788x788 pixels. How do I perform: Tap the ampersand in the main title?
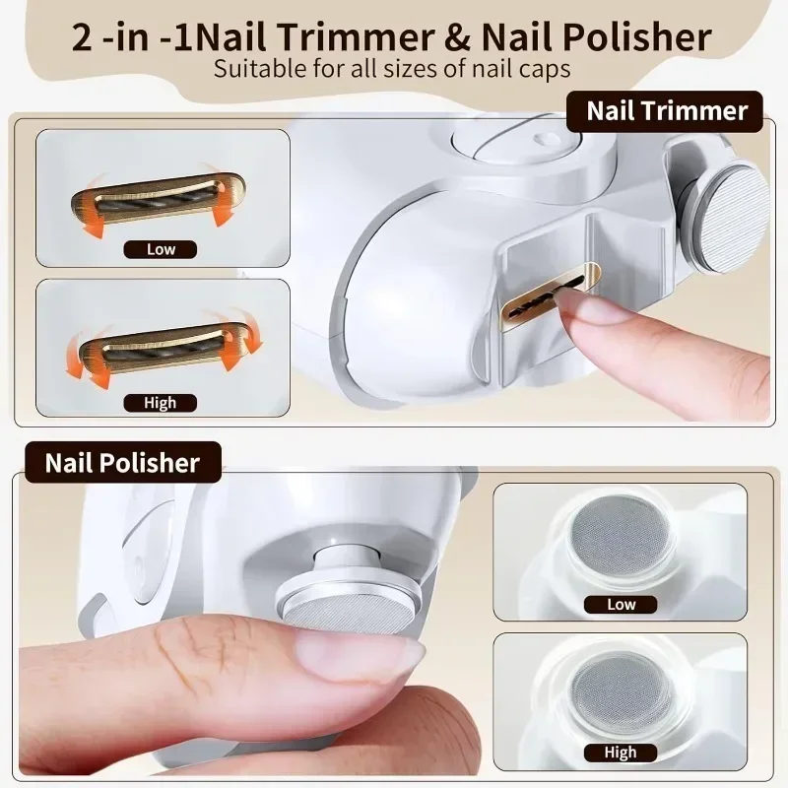click(457, 38)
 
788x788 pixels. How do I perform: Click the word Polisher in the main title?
click(636, 37)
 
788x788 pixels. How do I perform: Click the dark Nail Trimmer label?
click(664, 111)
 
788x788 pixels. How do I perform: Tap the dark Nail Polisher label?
click(123, 462)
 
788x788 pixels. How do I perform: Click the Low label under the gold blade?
click(161, 249)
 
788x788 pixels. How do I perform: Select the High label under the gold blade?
click(161, 403)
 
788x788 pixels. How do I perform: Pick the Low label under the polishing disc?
click(621, 604)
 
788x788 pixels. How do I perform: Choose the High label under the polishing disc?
click(621, 753)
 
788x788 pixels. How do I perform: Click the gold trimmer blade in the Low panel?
click(159, 199)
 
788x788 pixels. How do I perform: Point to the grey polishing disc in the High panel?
click(623, 689)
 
